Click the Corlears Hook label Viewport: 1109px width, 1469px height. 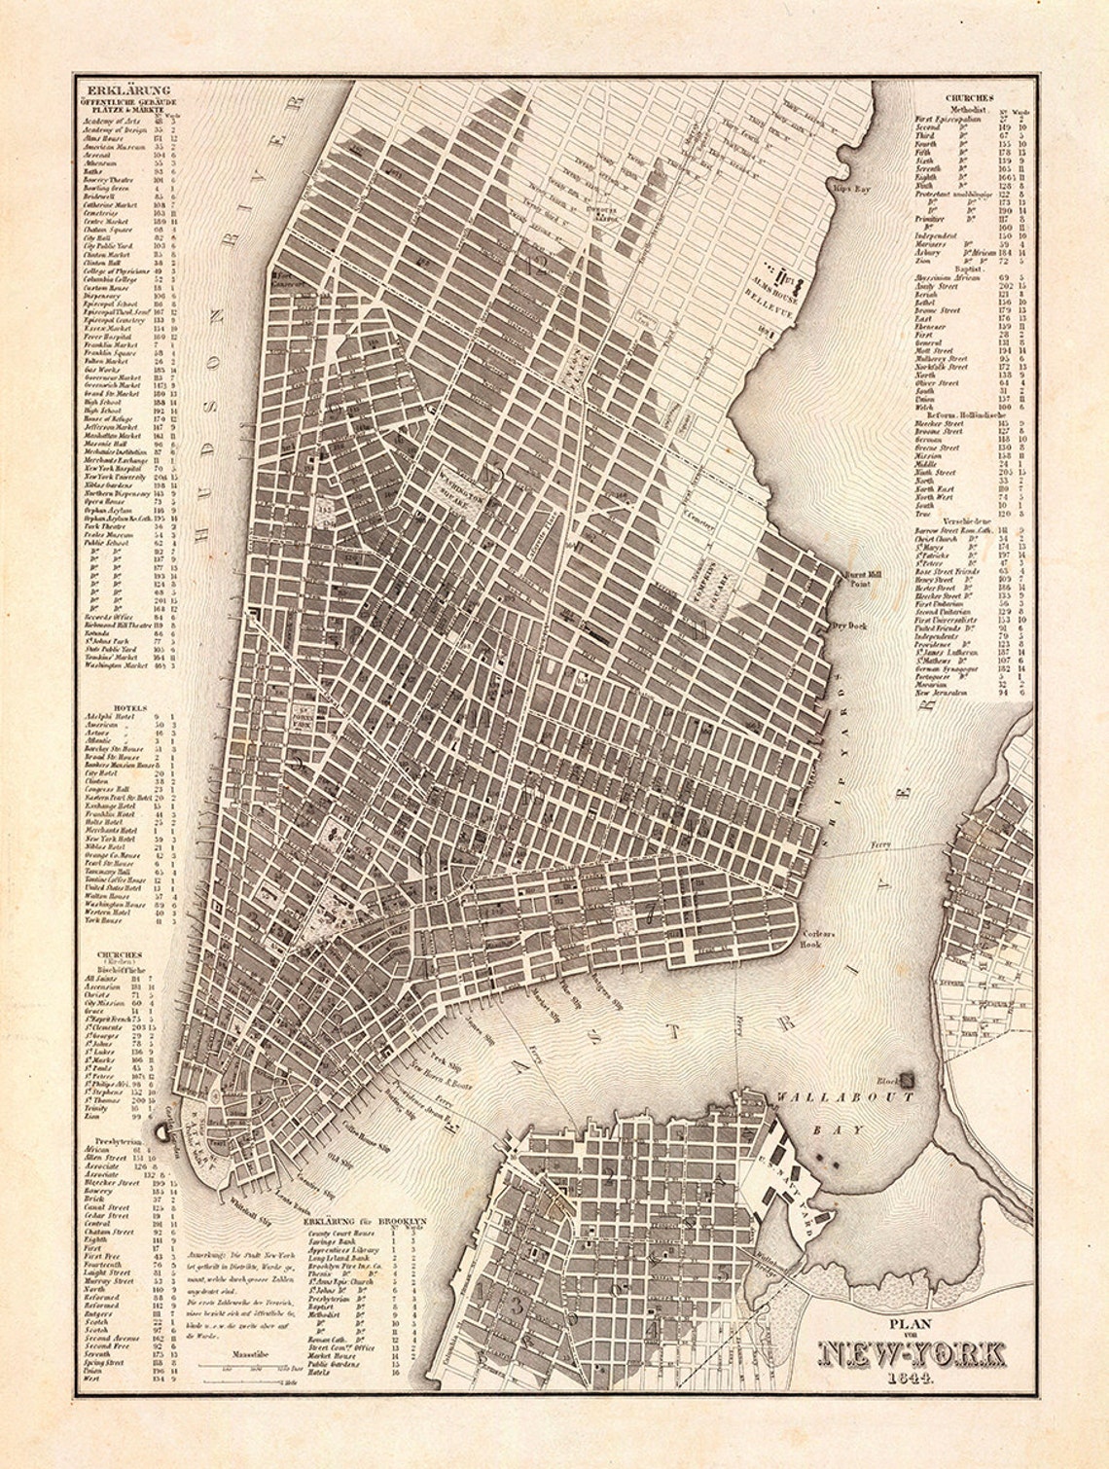(811, 938)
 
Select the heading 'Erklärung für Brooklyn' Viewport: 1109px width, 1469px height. (366, 1218)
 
